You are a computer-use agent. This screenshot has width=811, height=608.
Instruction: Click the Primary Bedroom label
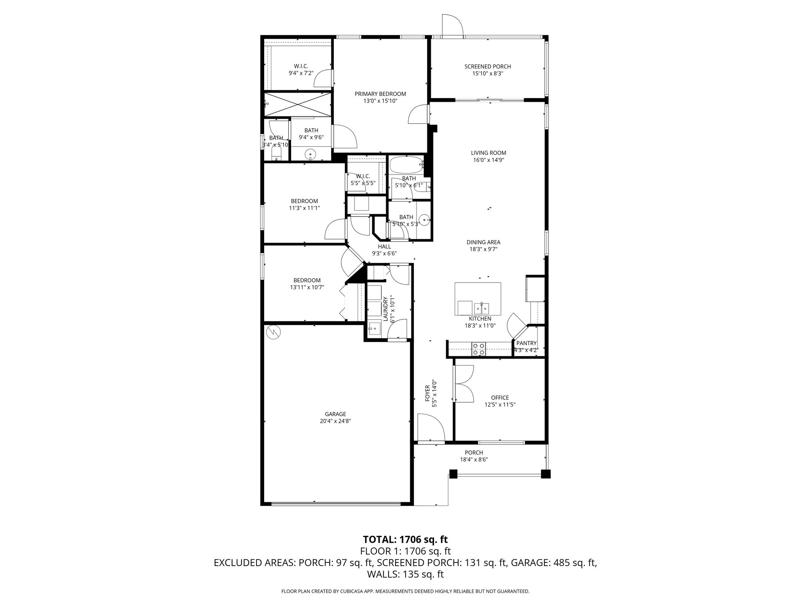380,94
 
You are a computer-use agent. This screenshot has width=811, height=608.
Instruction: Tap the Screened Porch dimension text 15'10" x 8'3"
487,74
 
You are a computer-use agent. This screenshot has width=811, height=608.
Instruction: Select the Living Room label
488,153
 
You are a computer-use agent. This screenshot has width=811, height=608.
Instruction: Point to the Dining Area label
483,242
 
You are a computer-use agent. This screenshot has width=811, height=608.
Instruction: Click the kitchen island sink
482,308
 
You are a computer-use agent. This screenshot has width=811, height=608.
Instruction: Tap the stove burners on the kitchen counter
478,349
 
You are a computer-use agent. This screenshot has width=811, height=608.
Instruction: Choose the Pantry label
526,343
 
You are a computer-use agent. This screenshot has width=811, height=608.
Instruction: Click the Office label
500,398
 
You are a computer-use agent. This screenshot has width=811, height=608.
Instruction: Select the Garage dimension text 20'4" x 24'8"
335,421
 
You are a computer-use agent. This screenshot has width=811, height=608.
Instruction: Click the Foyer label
428,393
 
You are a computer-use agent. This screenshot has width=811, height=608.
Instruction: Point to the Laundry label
385,309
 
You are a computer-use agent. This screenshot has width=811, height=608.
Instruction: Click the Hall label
384,247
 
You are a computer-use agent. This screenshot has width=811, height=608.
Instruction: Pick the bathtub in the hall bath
406,165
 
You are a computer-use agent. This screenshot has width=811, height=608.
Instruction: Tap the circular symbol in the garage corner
273,332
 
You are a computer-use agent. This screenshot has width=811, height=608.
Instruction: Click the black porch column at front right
546,474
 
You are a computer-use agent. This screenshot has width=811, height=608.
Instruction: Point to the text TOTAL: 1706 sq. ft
405,540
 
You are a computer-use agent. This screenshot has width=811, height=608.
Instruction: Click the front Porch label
474,453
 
